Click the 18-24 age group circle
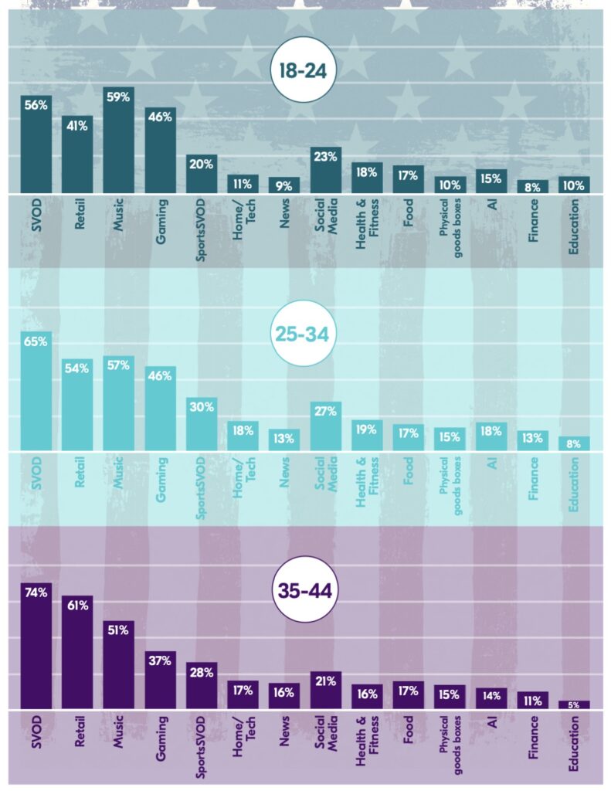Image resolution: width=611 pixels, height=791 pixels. (305, 71)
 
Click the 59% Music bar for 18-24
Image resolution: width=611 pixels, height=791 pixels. (119, 140)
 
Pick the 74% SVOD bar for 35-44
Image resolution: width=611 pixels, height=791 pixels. (36, 646)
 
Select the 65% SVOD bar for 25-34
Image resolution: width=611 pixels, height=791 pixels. (36, 391)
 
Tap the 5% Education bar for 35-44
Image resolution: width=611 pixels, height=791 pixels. (574, 704)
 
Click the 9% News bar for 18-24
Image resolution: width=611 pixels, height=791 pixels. (284, 185)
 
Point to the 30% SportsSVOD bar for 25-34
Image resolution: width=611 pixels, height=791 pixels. (202, 424)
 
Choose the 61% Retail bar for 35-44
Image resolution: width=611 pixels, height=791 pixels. (77, 652)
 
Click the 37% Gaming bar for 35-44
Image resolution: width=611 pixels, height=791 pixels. (161, 680)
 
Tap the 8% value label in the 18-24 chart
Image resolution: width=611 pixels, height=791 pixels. (533, 185)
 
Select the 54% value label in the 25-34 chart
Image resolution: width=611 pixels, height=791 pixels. (77, 368)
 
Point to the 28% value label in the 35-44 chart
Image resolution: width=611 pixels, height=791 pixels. (202, 671)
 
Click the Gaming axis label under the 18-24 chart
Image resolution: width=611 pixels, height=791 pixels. (161, 228)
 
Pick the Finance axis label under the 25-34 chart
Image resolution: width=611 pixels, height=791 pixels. (533, 483)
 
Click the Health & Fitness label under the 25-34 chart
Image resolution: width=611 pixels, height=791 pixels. (367, 483)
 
